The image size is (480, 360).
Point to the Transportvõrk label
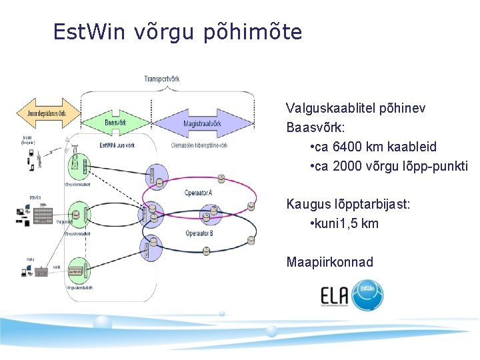click(161, 79)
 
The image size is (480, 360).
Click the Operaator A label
click(198, 193)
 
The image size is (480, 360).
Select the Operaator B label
click(199, 233)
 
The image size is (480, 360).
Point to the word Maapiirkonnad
click(329, 262)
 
